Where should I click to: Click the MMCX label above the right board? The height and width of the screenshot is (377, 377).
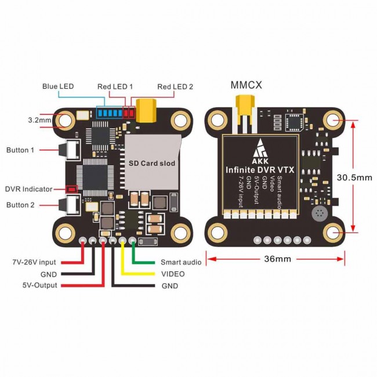(x=246, y=85)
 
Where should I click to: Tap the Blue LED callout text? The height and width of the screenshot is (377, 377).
(x=58, y=86)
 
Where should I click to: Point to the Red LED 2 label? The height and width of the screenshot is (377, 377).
(x=175, y=86)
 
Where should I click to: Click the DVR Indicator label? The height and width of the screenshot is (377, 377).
(x=28, y=188)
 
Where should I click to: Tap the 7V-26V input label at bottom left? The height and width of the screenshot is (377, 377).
(x=33, y=262)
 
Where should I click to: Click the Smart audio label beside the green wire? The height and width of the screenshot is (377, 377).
(x=181, y=262)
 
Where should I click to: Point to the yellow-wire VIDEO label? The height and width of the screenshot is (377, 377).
(x=173, y=274)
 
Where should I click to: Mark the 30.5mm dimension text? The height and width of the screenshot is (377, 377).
(x=355, y=177)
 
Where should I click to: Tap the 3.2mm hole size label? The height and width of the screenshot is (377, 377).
(x=40, y=120)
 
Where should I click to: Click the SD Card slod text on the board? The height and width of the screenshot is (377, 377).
(x=151, y=164)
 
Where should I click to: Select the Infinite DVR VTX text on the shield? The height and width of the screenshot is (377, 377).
(x=260, y=169)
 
